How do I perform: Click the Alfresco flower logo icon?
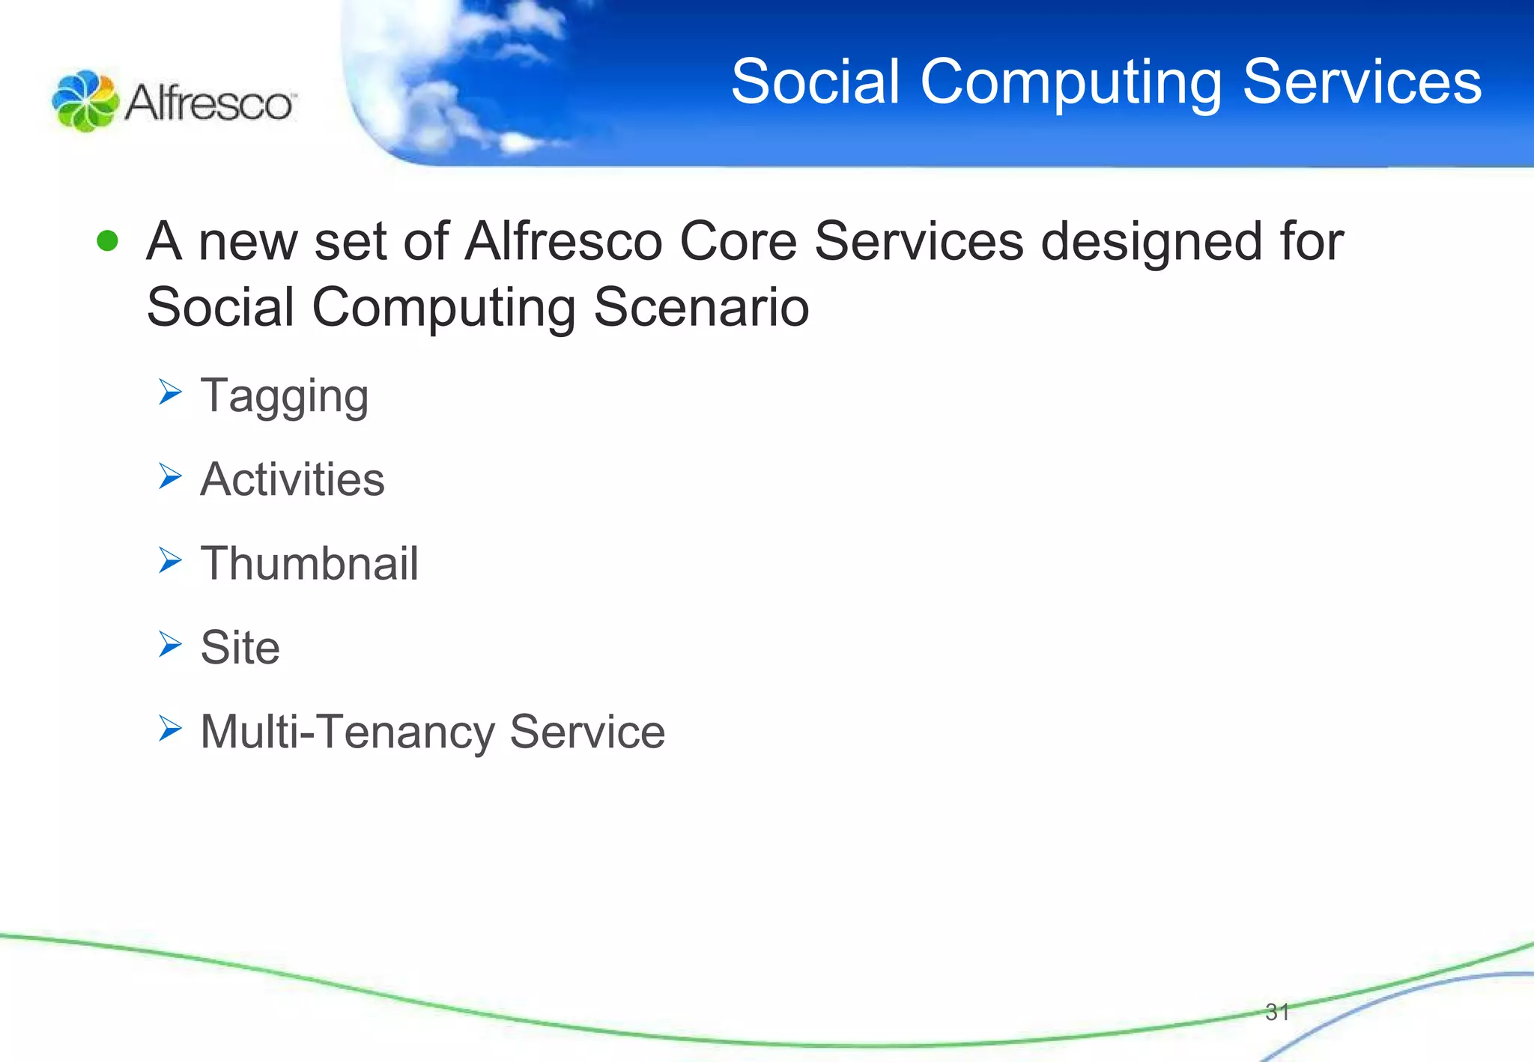(x=85, y=101)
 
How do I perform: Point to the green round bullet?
(x=108, y=240)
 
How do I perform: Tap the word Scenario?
(x=701, y=307)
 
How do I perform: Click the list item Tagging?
(x=285, y=397)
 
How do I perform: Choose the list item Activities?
(x=292, y=479)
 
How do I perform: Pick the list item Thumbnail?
(x=309, y=563)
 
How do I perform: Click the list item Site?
(x=240, y=647)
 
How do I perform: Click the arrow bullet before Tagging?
(x=170, y=392)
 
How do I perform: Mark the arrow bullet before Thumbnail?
(x=170, y=560)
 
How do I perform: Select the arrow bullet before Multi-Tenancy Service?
(x=170, y=728)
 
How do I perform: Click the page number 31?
(x=1276, y=1012)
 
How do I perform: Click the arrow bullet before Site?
(x=170, y=644)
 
